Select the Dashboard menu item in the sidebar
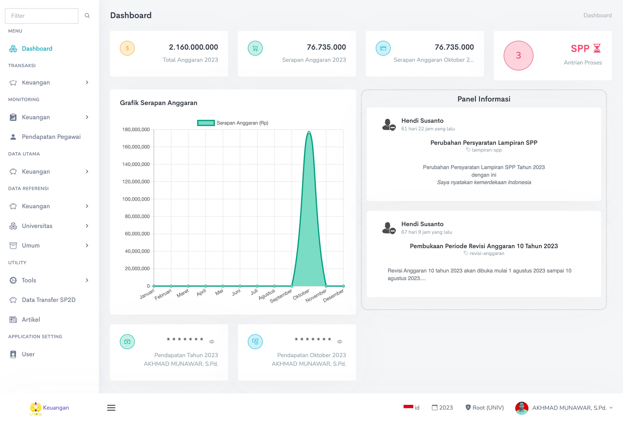(x=37, y=49)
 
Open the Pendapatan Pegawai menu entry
(x=51, y=137)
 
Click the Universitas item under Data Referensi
(x=37, y=226)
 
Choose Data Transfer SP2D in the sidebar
(x=48, y=300)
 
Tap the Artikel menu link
(x=31, y=319)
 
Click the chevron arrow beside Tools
(x=87, y=280)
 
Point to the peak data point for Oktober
(x=309, y=132)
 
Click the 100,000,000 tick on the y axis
(x=136, y=199)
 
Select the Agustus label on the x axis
(x=267, y=294)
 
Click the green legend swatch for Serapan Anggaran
(x=206, y=123)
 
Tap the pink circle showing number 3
(x=518, y=55)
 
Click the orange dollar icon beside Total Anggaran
(x=127, y=48)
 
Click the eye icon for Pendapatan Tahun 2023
(x=212, y=342)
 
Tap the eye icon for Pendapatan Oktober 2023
(x=340, y=342)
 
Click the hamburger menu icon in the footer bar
(x=111, y=408)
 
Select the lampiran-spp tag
(x=486, y=150)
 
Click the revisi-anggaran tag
(x=486, y=253)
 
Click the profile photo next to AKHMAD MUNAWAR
(x=522, y=408)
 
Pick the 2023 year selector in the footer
(x=442, y=408)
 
